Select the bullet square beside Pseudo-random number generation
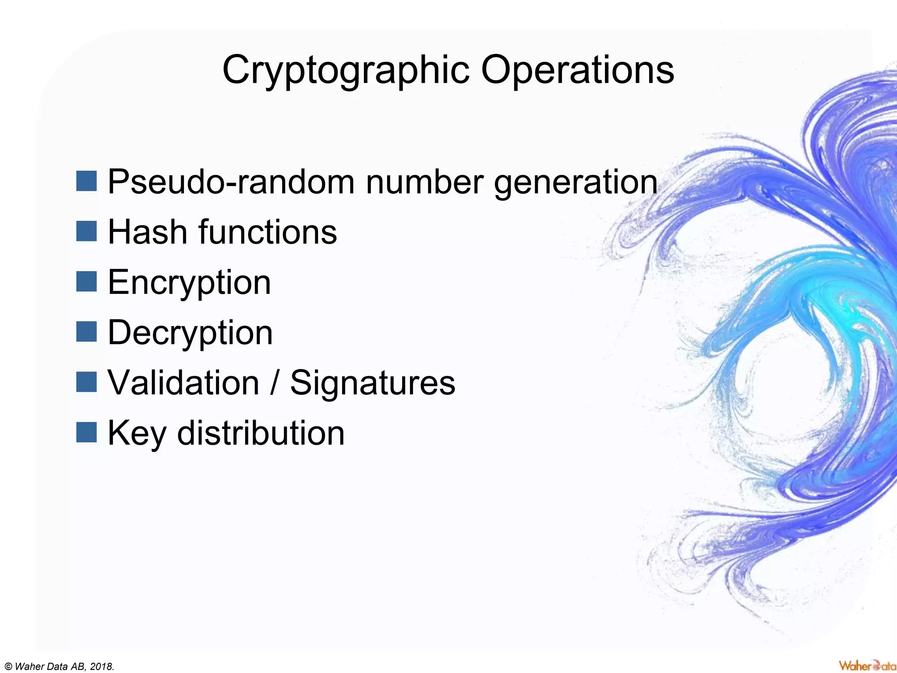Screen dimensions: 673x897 pos(86,181)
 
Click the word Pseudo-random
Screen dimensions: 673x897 pos(231,182)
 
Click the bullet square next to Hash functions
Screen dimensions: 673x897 pos(86,231)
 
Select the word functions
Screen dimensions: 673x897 pos(268,232)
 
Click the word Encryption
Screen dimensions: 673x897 pos(189,283)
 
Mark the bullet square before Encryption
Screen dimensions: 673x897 pos(86,281)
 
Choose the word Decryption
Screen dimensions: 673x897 pos(190,333)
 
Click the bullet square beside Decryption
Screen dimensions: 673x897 pos(86,332)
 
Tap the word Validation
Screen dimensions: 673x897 pos(184,383)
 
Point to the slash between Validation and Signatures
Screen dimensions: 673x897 pos(275,383)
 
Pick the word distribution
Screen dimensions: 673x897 pos(261,433)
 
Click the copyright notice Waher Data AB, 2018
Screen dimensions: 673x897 pos(59,666)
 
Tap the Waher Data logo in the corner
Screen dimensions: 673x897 pos(867,666)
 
